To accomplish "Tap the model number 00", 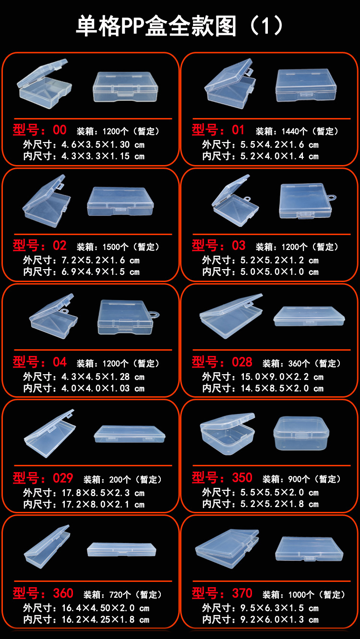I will tap(60, 130).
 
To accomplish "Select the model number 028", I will tap(242, 362).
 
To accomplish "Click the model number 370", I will tap(242, 593).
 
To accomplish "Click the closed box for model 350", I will tap(300, 433).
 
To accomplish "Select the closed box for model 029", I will tap(130, 434).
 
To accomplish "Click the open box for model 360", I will tap(47, 546).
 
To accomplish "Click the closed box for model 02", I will tap(120, 201).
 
